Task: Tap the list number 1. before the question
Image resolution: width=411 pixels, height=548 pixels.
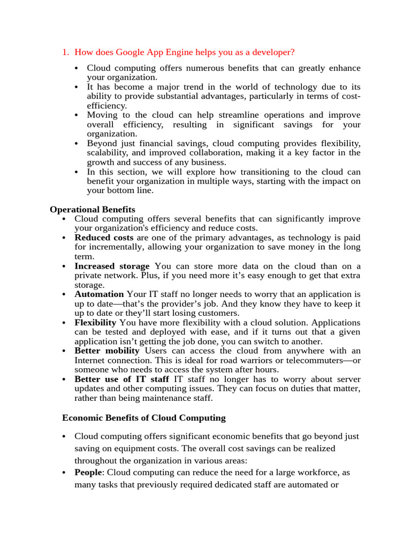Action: [x=66, y=52]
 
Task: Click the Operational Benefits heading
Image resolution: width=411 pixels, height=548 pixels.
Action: [x=93, y=209]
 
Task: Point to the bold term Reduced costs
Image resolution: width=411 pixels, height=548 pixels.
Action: [x=104, y=238]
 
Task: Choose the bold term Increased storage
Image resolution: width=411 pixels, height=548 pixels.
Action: [x=112, y=266]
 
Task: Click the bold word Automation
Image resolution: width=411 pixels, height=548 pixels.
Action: [x=99, y=294]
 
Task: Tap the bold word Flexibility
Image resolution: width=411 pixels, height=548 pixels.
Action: [x=95, y=323]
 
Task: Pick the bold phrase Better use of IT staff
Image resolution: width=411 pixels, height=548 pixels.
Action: [x=121, y=379]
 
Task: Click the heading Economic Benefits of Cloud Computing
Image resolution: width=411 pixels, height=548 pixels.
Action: [x=144, y=418]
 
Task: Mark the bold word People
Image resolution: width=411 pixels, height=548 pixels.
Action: [x=88, y=473]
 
